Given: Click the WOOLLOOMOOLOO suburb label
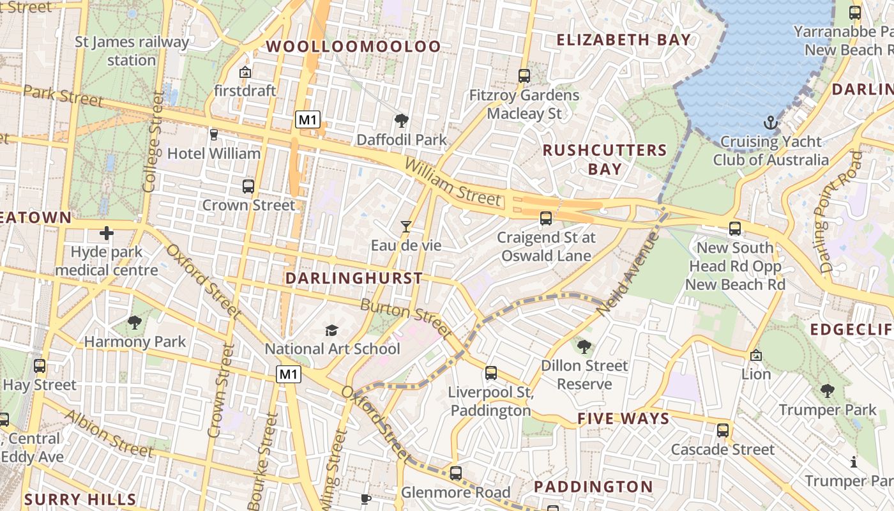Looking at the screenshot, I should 353,46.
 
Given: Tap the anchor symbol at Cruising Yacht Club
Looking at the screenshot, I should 771,123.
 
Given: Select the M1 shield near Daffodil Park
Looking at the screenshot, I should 307,119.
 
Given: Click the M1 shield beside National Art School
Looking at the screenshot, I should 289,374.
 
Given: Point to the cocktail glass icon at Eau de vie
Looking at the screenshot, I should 406,226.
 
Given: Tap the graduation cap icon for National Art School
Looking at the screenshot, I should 331,330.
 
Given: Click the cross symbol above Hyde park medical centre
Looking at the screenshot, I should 107,233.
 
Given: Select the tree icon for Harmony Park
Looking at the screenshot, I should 134,323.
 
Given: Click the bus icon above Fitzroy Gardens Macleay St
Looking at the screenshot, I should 524,76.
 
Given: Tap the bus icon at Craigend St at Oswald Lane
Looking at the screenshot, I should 546,218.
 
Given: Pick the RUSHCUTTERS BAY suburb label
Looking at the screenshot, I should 605,160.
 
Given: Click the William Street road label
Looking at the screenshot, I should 453,183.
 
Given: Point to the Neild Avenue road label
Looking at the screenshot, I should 628,273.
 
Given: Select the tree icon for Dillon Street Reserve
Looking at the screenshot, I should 584,347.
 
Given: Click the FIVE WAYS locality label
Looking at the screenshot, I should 623,419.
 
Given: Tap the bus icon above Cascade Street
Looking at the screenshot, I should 723,431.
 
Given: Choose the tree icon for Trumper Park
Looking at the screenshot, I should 828,390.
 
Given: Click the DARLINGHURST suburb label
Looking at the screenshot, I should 354,278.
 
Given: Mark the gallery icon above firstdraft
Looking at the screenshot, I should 245,72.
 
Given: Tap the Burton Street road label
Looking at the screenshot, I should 406,319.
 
